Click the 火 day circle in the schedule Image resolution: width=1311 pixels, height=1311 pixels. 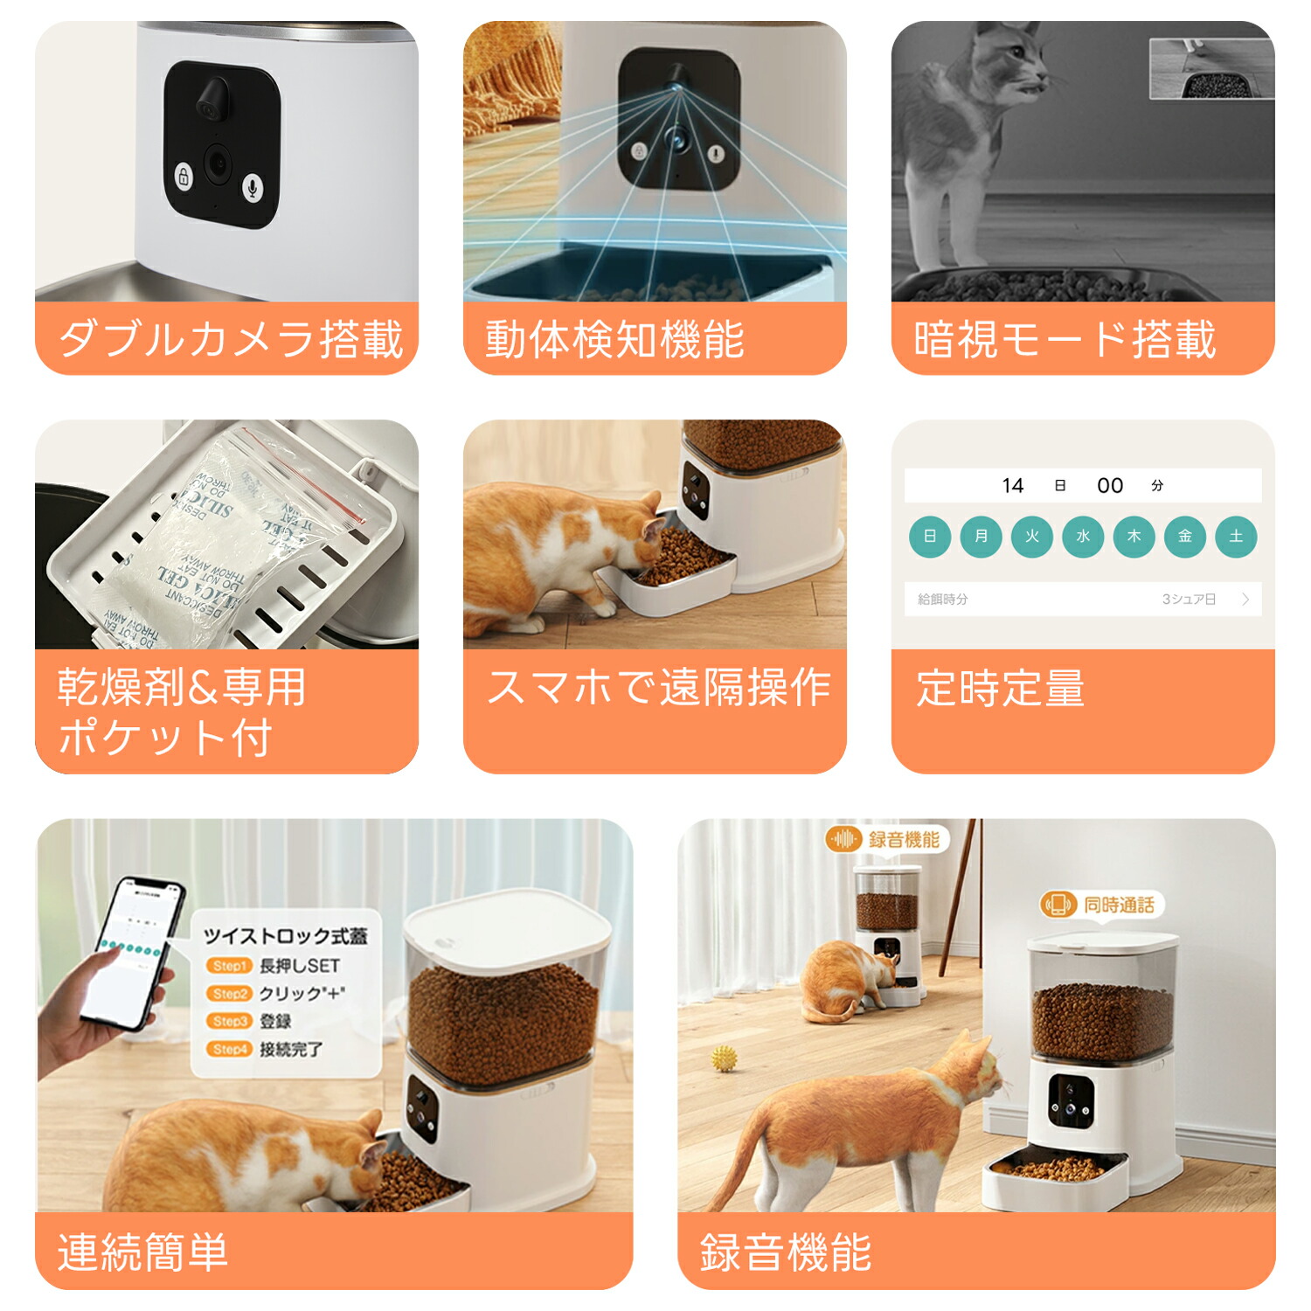[x=1032, y=537]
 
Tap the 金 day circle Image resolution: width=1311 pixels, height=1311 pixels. [x=1185, y=537]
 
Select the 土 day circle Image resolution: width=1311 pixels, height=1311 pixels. [x=1236, y=537]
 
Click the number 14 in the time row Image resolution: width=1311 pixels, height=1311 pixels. [x=1013, y=486]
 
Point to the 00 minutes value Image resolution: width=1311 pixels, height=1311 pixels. [x=1110, y=486]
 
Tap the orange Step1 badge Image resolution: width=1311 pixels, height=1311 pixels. [x=230, y=966]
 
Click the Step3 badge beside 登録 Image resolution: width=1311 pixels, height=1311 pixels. [x=230, y=1021]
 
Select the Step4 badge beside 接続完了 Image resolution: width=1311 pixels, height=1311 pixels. [x=230, y=1049]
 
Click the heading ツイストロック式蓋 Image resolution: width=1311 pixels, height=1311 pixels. [x=285, y=937]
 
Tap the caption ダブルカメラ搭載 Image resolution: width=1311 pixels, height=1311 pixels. [x=230, y=339]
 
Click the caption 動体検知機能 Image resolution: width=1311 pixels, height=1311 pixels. [x=614, y=339]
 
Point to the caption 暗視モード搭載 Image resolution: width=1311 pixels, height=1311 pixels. [x=1065, y=339]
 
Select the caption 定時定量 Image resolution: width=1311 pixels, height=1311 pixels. [x=1001, y=689]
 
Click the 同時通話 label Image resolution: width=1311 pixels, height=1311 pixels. [x=1119, y=905]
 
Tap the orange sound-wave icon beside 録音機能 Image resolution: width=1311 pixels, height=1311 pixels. [x=843, y=840]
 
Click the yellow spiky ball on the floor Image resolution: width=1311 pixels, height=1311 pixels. [x=724, y=1059]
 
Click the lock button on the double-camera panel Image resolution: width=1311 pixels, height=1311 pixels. [x=184, y=177]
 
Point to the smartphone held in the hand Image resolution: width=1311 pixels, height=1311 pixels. [x=134, y=953]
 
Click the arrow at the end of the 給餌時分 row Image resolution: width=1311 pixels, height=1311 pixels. [x=1245, y=600]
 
